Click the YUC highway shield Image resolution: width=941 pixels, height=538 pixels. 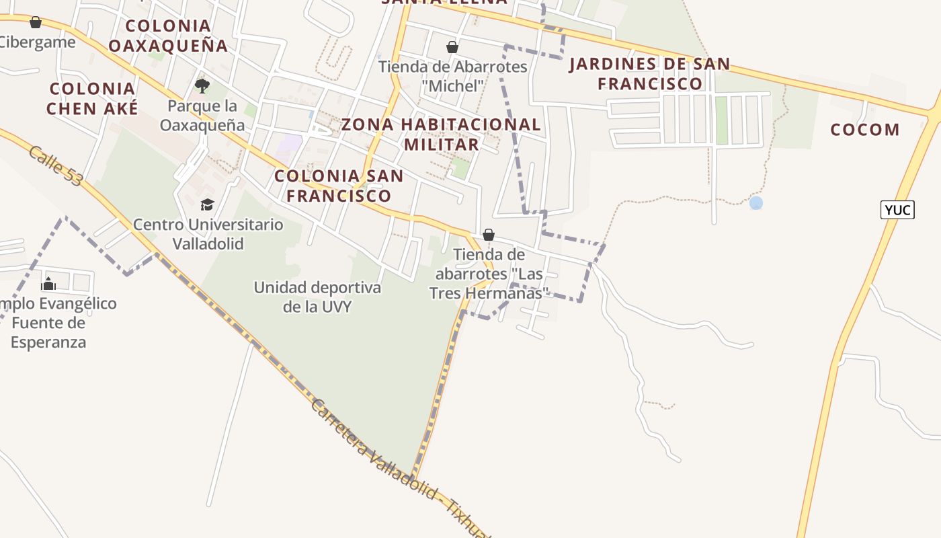click(897, 210)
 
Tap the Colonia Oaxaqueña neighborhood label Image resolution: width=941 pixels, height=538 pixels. click(168, 36)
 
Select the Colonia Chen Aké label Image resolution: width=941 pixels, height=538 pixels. click(92, 98)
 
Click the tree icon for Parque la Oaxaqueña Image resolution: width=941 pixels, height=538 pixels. click(202, 85)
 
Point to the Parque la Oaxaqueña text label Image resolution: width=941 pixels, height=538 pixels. click(202, 116)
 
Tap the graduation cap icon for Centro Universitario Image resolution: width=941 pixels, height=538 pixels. click(207, 204)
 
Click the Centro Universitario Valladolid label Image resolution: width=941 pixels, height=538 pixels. click(208, 233)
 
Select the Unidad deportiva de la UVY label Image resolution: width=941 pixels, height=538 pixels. click(317, 297)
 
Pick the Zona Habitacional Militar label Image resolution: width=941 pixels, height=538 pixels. click(441, 134)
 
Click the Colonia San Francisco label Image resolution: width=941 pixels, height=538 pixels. click(339, 186)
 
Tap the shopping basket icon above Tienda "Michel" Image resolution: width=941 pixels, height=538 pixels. click(452, 47)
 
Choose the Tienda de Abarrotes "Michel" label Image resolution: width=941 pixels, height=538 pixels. click(453, 76)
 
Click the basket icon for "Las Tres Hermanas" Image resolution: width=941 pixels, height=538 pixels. click(489, 235)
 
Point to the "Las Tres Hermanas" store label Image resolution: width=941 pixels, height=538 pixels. click(489, 274)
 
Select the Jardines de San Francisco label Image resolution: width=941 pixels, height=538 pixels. click(649, 74)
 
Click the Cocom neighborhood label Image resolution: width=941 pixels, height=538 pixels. click(864, 130)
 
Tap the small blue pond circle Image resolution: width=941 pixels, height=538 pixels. click(756, 202)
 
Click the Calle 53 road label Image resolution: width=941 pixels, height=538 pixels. click(55, 166)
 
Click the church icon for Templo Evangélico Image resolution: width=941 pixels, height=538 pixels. click(48, 284)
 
